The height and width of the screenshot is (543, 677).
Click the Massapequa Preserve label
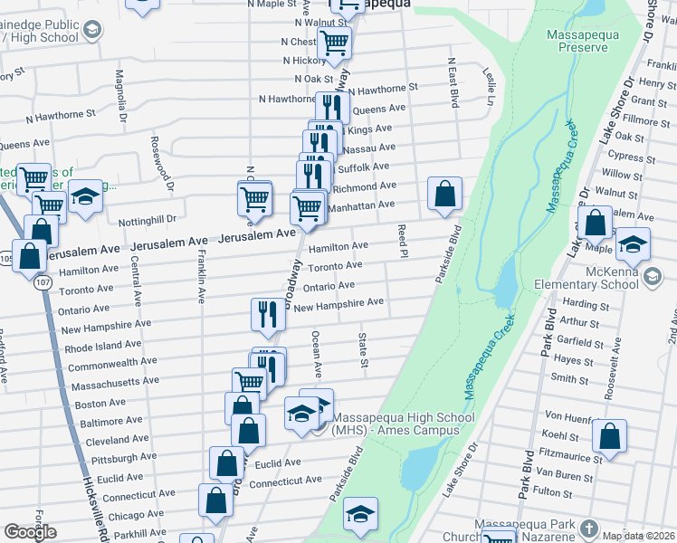(x=577, y=41)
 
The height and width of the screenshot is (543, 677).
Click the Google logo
(x=30, y=532)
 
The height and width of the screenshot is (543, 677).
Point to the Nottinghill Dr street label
(x=148, y=220)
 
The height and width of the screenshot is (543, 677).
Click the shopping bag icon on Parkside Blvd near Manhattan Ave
(x=444, y=194)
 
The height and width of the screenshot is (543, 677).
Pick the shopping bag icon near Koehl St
(x=610, y=436)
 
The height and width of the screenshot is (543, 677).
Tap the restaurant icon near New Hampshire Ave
(x=268, y=314)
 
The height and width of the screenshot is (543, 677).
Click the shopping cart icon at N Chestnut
(x=334, y=42)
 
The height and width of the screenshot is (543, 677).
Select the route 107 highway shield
(x=43, y=282)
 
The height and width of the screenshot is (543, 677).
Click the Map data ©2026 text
(x=639, y=536)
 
